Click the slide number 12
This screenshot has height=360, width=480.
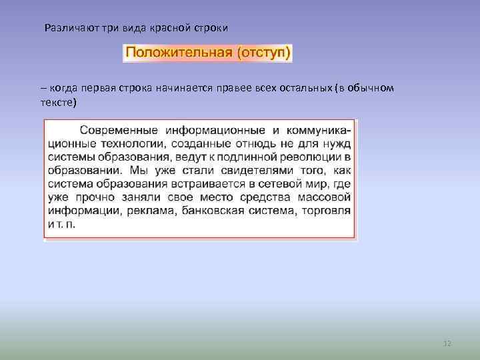click(447, 343)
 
